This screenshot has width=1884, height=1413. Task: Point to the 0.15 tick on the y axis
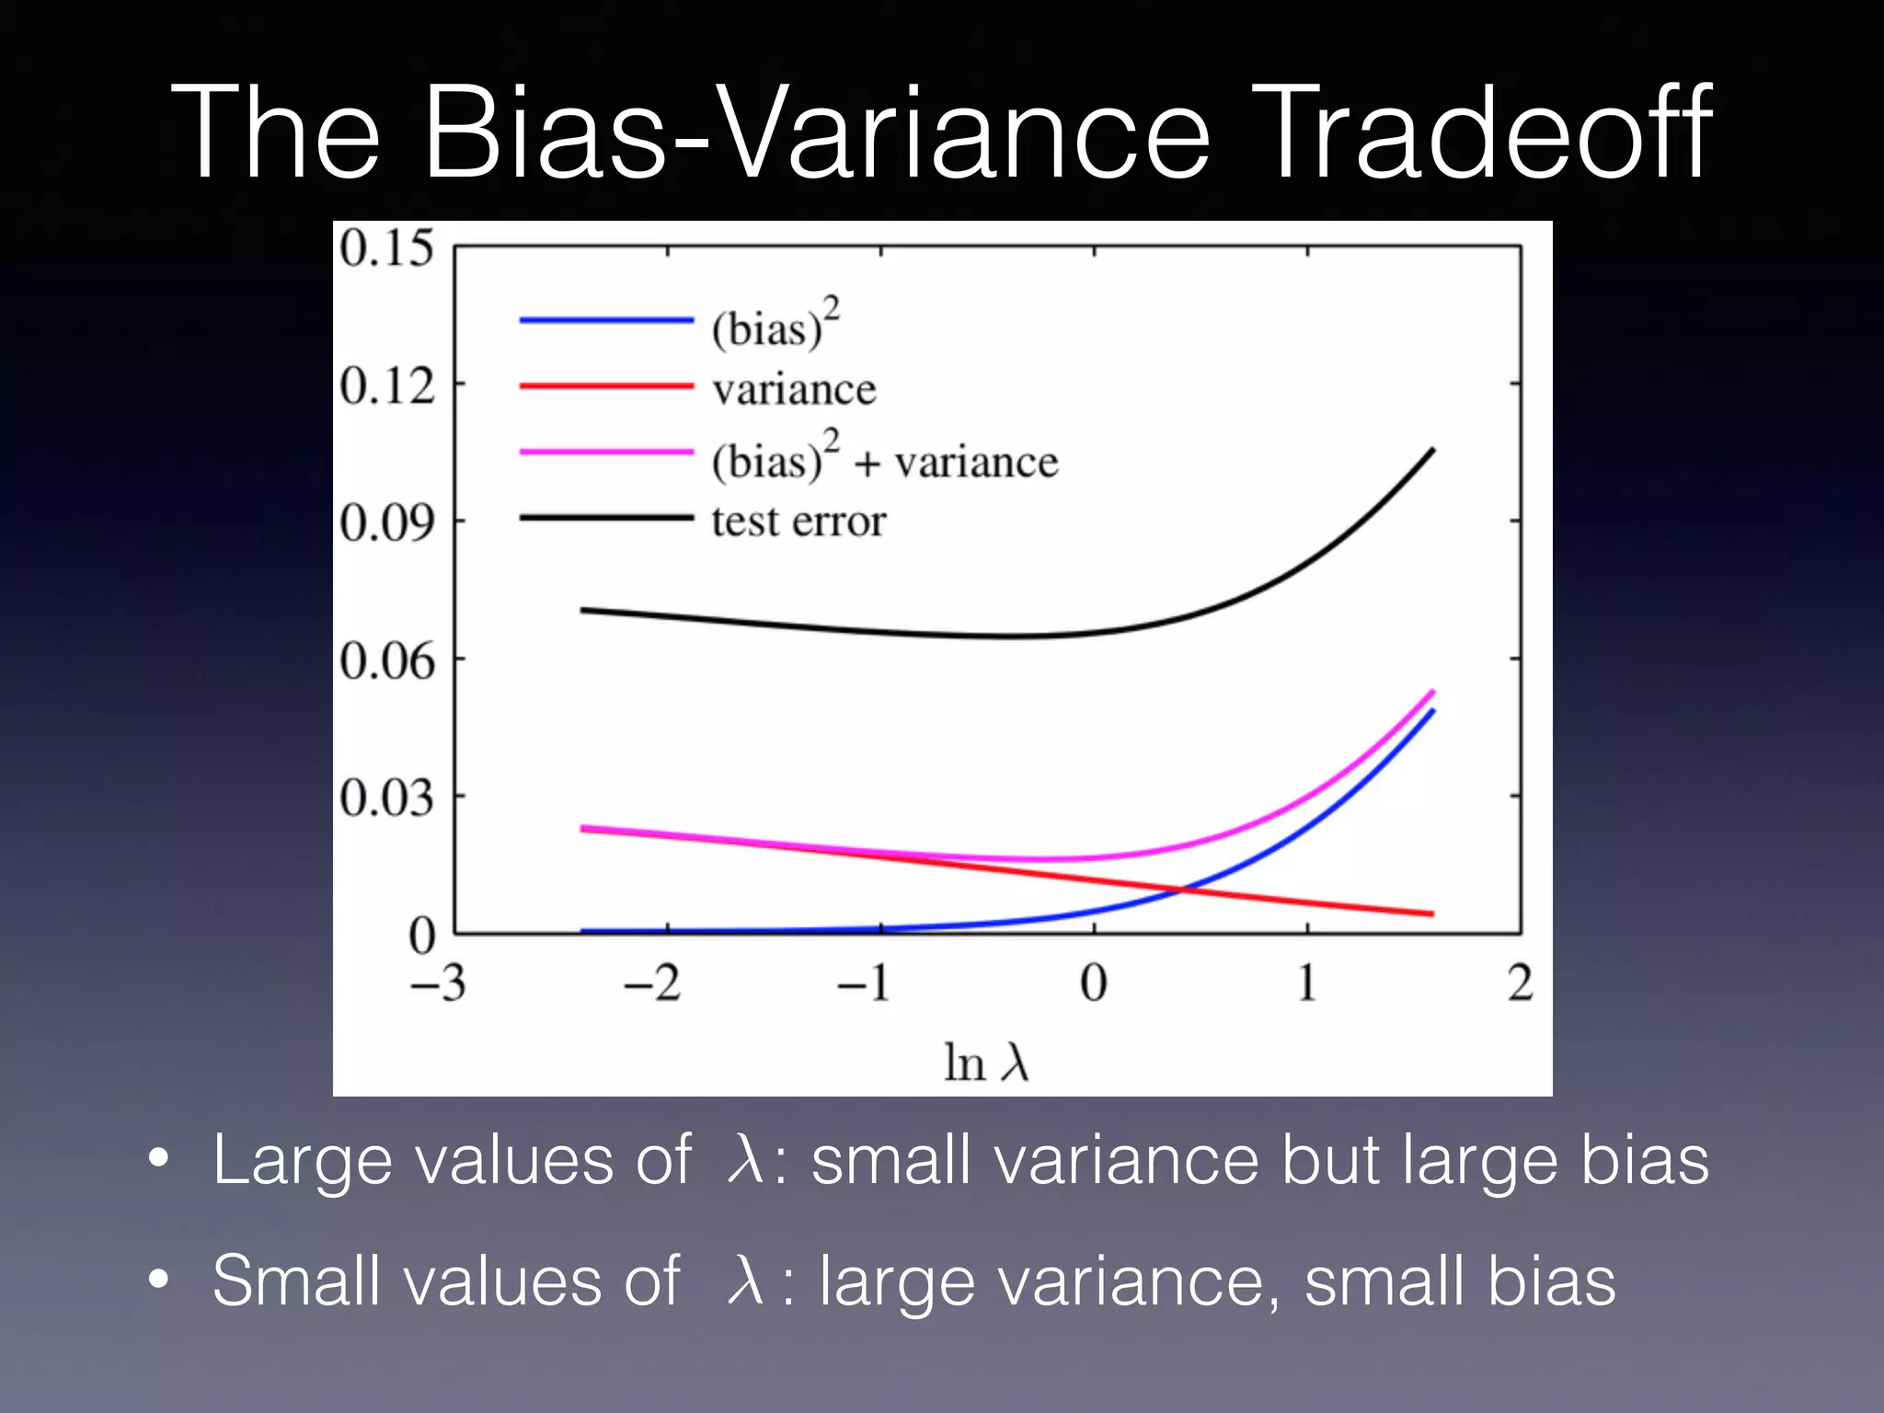pos(386,248)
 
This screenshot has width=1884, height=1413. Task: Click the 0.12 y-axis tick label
pos(386,385)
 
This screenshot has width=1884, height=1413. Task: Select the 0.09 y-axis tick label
pos(386,523)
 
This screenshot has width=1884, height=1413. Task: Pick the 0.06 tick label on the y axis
pos(386,661)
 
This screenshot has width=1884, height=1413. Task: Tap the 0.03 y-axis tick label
pos(386,798)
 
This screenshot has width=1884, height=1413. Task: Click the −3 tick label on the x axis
pos(438,983)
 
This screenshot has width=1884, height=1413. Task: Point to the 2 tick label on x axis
pos(1520,983)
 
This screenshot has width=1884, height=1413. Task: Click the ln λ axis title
pos(986,1063)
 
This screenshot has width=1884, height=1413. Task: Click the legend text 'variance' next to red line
pos(794,390)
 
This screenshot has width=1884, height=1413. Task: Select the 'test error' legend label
pos(798,522)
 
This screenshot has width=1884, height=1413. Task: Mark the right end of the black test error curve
pos(1432,450)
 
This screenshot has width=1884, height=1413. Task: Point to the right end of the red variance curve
pos(1431,913)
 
